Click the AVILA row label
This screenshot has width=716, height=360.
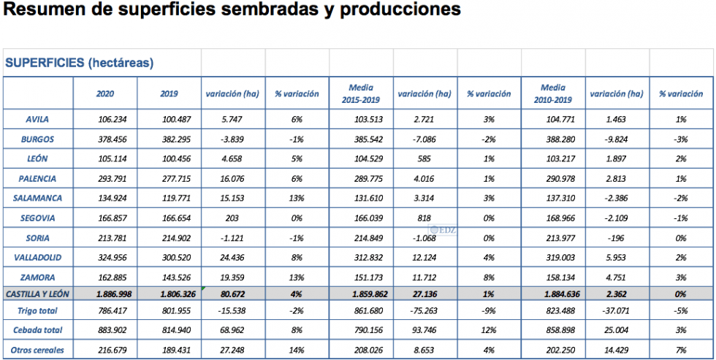tap(37, 119)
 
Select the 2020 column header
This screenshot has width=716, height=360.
tap(105, 93)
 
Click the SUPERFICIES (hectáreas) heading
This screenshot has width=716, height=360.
tap(79, 63)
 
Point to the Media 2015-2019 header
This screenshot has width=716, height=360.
tap(360, 93)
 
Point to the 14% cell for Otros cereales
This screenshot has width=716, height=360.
tap(297, 350)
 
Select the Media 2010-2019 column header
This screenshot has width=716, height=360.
tap(553, 93)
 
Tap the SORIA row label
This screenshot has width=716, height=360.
tap(37, 237)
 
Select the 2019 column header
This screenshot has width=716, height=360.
tap(169, 93)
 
